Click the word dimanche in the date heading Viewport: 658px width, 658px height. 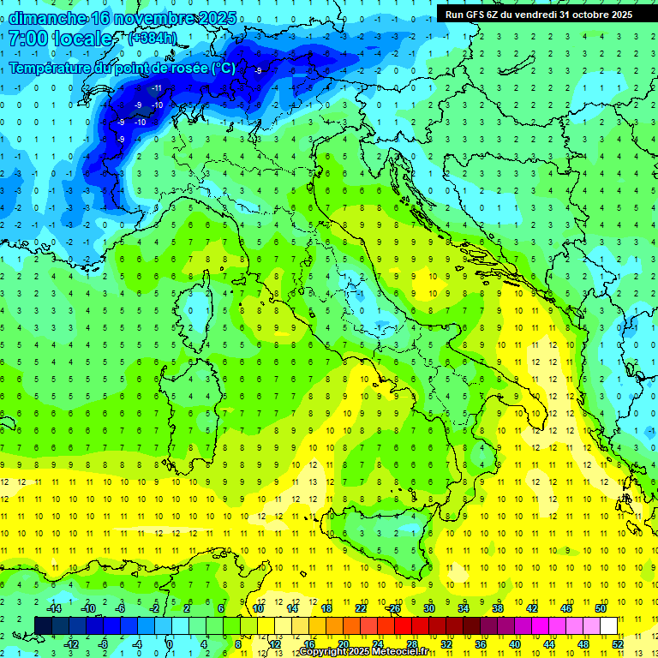click(46, 18)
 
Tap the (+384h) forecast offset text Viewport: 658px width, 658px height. click(152, 39)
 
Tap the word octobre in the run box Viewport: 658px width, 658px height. click(584, 14)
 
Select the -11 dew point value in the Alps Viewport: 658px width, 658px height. click(157, 88)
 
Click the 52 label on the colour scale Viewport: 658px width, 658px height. click(618, 643)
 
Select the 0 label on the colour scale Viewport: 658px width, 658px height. click(170, 643)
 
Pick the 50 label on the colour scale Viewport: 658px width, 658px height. click(601, 608)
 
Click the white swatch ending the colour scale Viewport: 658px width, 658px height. click(608, 625)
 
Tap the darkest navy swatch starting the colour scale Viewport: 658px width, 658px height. click(43, 625)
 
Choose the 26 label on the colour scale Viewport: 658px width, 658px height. click(394, 608)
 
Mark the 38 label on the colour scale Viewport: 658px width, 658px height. click(497, 608)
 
